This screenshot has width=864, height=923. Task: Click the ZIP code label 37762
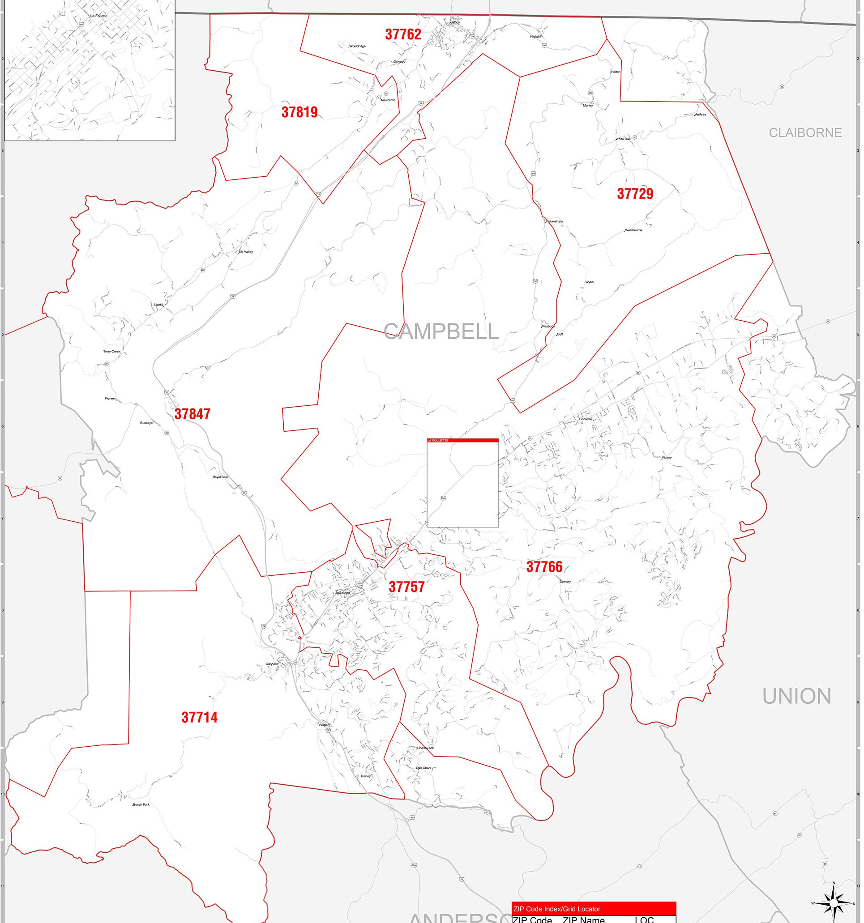[x=403, y=34]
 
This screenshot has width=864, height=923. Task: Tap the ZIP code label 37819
[x=299, y=112]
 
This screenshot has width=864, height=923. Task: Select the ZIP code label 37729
[x=634, y=194]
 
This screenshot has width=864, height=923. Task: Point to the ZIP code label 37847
[x=192, y=414]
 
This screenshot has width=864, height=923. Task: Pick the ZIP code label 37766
[x=544, y=567]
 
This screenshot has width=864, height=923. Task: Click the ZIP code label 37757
[x=406, y=587]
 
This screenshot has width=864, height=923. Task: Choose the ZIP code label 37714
[x=199, y=717]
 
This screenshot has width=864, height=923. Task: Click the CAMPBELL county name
[x=441, y=332]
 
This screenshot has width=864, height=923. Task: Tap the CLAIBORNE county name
[x=805, y=133]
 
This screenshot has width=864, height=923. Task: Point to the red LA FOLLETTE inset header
[x=462, y=440]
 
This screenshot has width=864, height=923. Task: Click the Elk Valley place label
[x=246, y=252]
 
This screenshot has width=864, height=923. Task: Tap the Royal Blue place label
[x=220, y=477]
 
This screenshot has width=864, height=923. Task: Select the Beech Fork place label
[x=141, y=804]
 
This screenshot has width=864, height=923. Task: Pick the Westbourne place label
[x=633, y=230]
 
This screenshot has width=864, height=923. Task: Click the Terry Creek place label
[x=111, y=352]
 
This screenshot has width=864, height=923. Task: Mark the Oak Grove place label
[x=423, y=768]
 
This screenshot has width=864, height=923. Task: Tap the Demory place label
[x=565, y=582]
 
